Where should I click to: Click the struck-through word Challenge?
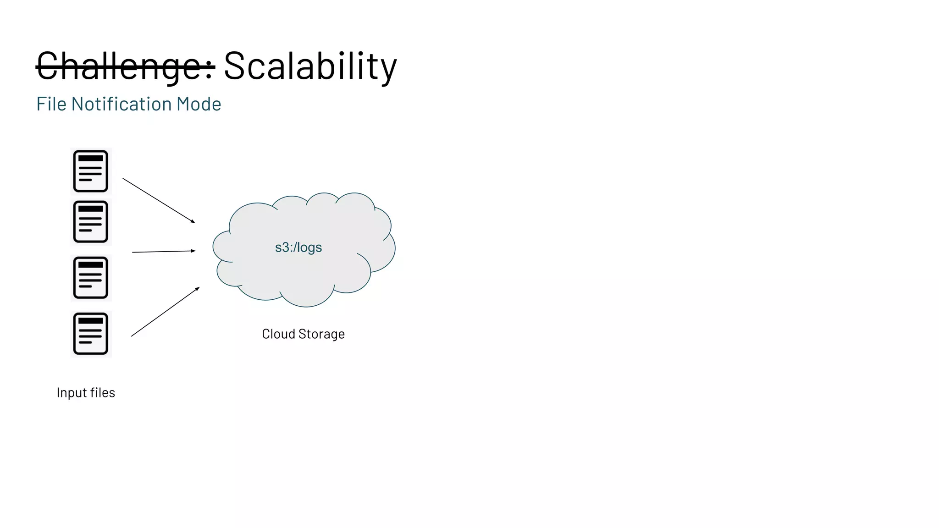point(125,66)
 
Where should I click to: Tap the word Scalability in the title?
point(310,66)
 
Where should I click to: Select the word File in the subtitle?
point(51,104)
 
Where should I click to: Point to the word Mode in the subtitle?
point(199,104)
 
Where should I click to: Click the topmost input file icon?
point(91,171)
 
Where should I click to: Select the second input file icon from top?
point(91,221)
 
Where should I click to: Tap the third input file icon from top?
point(91,278)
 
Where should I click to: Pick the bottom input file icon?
point(91,334)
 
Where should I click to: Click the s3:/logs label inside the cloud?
point(298,247)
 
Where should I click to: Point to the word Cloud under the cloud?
point(278,334)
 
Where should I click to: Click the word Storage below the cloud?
point(321,334)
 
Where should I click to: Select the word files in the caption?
point(103,393)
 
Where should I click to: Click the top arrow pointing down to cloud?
point(159,201)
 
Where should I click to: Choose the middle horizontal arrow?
point(163,252)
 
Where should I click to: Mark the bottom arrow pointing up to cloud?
point(165,312)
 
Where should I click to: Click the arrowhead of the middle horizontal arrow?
point(193,251)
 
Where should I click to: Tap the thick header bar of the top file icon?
point(91,158)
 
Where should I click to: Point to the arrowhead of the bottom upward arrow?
point(198,289)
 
